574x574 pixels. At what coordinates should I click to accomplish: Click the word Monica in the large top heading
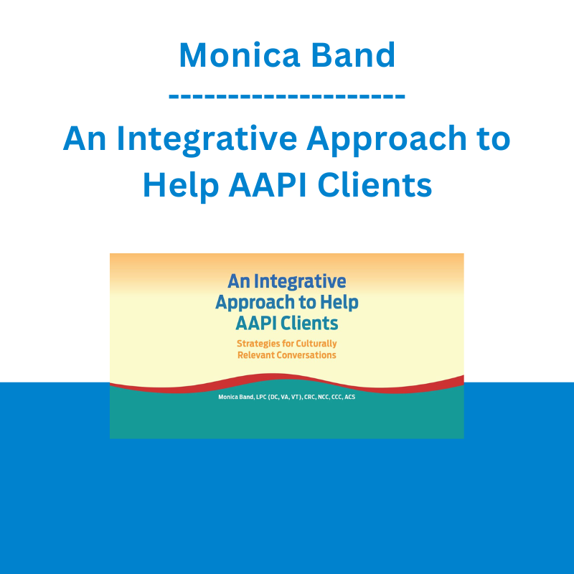click(x=240, y=55)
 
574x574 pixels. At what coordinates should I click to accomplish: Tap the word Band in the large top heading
click(x=353, y=55)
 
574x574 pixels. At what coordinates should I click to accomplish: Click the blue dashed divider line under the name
click(x=287, y=97)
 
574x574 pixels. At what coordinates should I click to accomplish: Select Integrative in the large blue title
click(x=207, y=140)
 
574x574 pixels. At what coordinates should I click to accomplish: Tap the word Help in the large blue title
click(x=181, y=187)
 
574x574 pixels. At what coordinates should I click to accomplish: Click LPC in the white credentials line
click(x=261, y=397)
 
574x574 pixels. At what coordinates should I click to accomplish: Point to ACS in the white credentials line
click(x=349, y=397)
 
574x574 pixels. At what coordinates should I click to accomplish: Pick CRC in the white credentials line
click(x=309, y=397)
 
